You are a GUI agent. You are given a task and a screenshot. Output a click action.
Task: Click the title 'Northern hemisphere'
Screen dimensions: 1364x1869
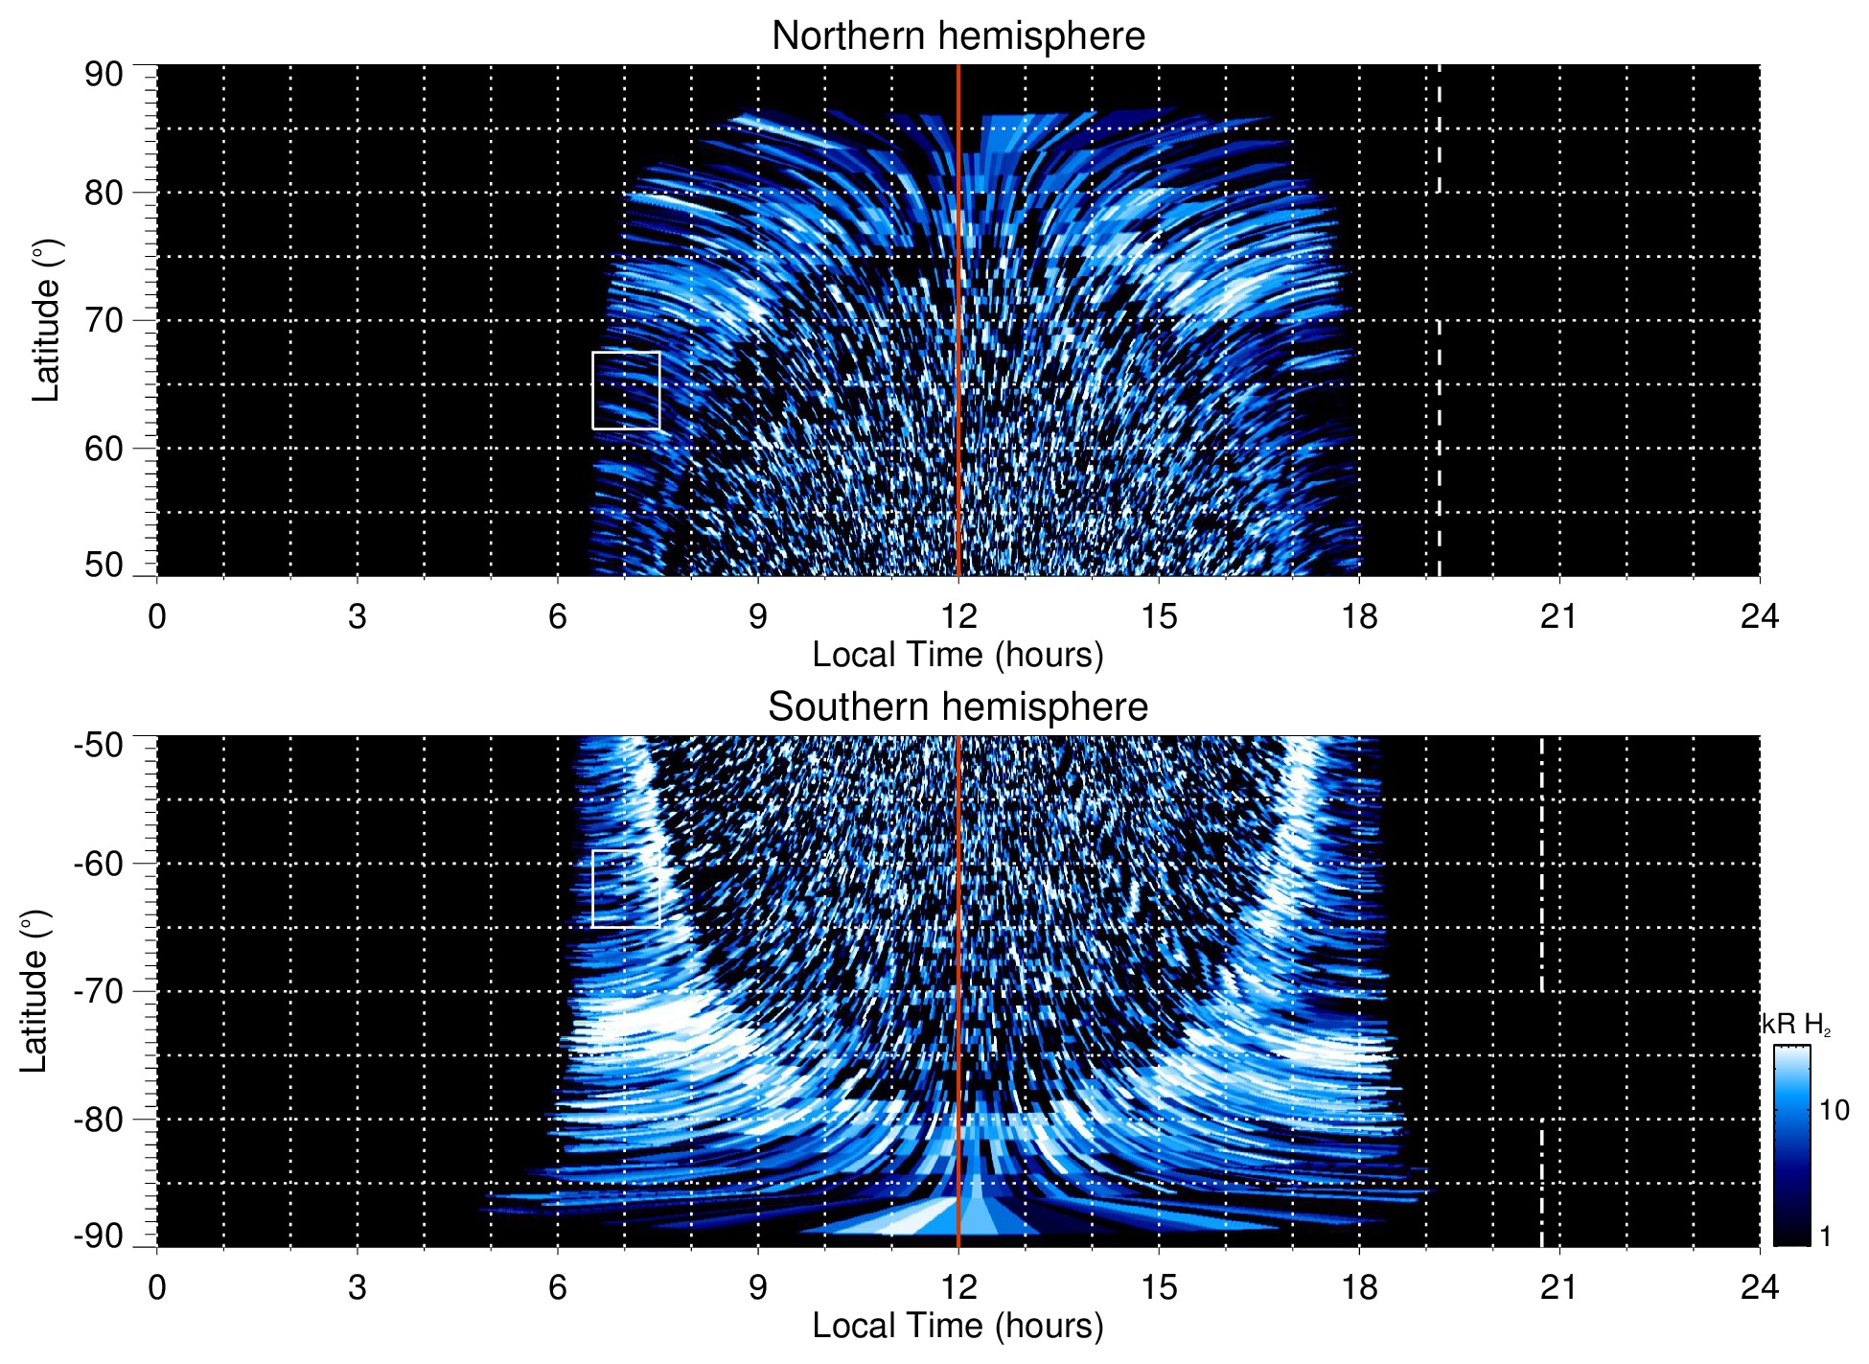click(958, 36)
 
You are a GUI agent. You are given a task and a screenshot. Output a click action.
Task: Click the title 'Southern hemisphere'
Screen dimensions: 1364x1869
click(958, 707)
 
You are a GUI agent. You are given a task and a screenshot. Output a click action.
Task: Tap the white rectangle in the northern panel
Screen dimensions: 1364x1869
click(626, 390)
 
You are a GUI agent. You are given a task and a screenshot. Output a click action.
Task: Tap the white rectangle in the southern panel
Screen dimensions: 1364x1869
click(626, 889)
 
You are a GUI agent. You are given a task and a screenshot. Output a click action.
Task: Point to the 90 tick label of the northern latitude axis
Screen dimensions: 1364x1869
click(104, 75)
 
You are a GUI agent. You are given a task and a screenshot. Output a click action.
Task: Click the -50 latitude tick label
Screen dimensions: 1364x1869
click(98, 745)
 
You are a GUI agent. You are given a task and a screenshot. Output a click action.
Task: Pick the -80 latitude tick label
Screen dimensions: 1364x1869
click(98, 1119)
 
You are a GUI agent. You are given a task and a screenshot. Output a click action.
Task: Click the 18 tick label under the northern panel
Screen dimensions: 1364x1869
click(1359, 616)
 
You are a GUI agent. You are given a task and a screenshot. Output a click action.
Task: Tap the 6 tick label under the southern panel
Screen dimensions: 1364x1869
click(558, 1287)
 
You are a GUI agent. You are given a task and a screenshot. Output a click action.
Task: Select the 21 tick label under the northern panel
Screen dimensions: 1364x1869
click(1559, 616)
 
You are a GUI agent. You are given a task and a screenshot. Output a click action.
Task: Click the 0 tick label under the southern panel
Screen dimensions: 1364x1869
click(157, 1287)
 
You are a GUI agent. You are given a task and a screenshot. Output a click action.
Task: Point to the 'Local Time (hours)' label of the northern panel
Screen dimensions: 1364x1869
click(958, 655)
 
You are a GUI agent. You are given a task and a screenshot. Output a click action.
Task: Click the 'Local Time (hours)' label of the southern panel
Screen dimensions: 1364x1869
click(958, 1326)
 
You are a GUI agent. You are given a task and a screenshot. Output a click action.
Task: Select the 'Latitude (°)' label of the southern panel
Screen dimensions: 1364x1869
click(35, 991)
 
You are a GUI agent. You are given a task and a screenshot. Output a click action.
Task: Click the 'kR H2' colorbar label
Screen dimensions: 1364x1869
click(1796, 1025)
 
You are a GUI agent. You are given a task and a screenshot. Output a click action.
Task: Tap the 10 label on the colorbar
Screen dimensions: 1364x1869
click(1834, 1110)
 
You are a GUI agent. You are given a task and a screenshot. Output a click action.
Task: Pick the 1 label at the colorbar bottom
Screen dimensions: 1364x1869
click(1825, 1237)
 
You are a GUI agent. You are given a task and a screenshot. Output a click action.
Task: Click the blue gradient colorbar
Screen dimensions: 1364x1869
click(1791, 1145)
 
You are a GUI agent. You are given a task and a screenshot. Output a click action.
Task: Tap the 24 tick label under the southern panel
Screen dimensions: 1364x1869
click(1759, 1287)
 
